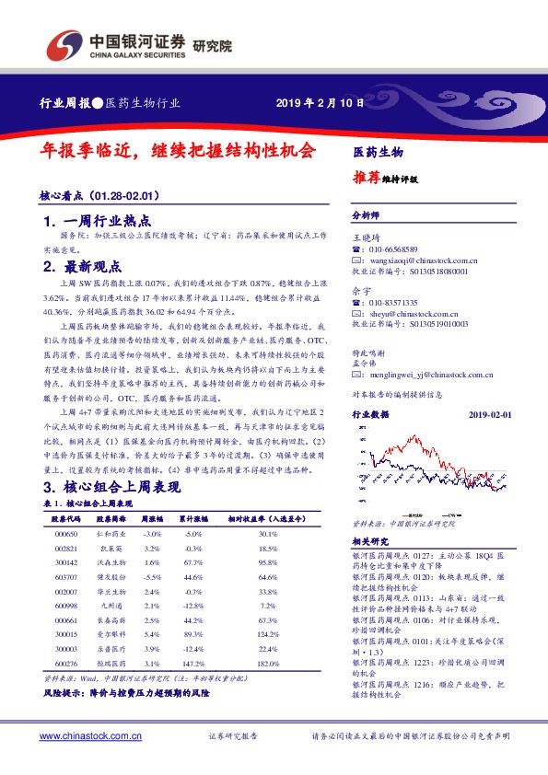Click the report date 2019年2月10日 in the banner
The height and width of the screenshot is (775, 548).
tap(314, 102)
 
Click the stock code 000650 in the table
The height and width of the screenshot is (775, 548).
tap(66, 534)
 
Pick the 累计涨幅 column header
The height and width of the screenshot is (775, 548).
tap(192, 519)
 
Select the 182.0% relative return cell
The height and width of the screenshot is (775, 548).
tap(268, 663)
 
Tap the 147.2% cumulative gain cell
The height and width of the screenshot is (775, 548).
tap(192, 663)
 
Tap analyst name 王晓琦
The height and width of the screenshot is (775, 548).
tap(366, 237)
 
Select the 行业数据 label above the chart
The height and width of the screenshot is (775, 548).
tap(373, 416)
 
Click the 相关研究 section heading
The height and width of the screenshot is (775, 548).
tap(371, 541)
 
